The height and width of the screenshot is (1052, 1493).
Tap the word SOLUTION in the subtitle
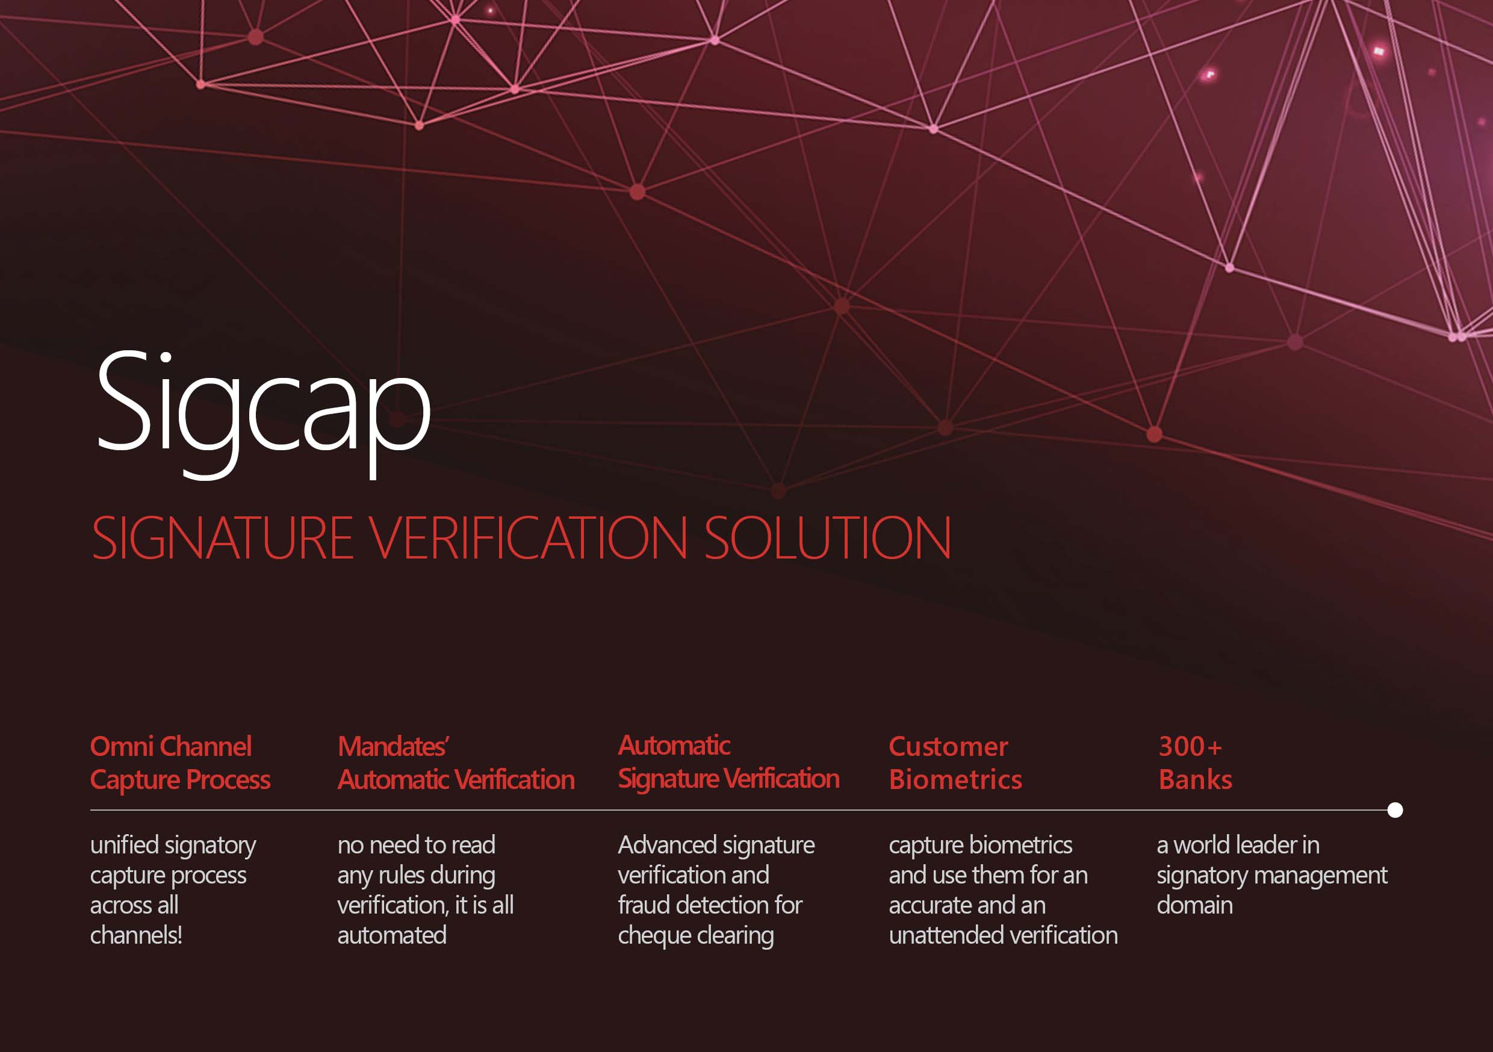coord(827,539)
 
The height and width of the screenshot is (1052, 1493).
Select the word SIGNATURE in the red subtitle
coord(222,539)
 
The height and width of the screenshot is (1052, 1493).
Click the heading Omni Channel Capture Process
coord(179,763)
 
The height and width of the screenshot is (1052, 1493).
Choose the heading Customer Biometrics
coord(955,763)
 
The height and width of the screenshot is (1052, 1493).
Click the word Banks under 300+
coord(1195,780)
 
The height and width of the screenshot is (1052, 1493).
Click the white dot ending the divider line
coord(1395,810)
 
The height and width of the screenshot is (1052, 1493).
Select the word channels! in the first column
coord(136,936)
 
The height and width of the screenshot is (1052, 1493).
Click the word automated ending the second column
coord(391,936)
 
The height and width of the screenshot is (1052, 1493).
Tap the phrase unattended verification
coord(1003,936)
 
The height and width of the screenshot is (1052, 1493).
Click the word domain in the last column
coord(1194,906)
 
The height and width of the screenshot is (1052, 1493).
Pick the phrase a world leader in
coord(1238,845)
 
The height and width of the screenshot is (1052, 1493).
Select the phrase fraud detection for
coord(709,906)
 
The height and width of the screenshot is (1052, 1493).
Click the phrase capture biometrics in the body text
coord(980,845)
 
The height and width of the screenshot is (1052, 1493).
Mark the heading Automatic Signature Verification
coord(728,762)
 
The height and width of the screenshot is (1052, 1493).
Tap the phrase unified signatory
coord(173,845)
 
